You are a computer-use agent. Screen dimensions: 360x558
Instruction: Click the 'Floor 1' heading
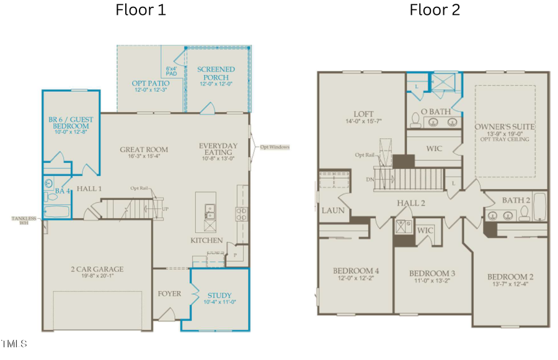141,11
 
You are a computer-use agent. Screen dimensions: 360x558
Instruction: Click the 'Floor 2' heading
434,11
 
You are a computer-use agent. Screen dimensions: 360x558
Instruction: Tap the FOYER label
169,293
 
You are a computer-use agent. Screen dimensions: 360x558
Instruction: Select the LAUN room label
333,211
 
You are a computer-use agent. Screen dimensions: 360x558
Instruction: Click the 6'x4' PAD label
172,70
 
